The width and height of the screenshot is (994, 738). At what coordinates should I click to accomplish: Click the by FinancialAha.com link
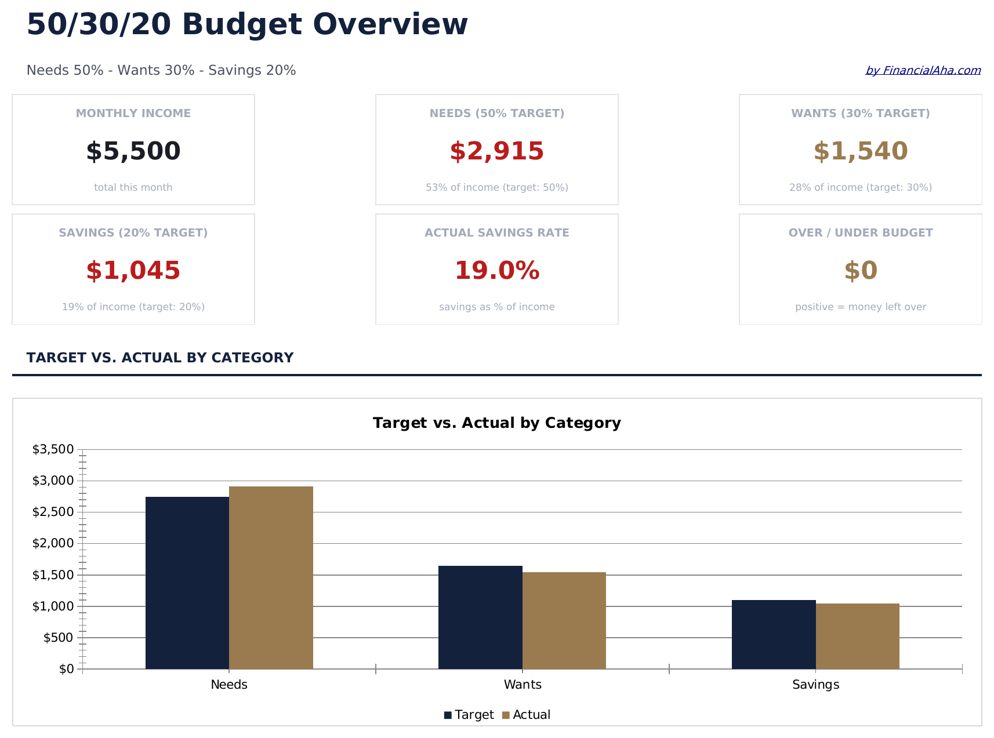tap(923, 71)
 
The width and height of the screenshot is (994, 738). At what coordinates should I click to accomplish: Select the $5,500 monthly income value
tap(133, 151)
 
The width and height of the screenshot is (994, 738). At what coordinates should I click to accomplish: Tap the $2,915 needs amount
tap(496, 151)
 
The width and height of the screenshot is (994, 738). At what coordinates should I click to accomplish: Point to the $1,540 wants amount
tap(860, 151)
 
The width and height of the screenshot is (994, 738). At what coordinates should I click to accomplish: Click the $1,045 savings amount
tap(133, 271)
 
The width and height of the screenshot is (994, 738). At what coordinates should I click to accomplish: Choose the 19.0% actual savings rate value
tap(496, 271)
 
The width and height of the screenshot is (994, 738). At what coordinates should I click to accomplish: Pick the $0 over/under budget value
tap(860, 271)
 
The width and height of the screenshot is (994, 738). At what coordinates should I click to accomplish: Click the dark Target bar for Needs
tap(187, 583)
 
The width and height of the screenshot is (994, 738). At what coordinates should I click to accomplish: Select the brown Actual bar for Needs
tap(271, 577)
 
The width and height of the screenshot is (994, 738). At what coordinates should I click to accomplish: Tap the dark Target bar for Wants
tap(480, 617)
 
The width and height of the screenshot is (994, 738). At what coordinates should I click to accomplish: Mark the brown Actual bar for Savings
tap(857, 636)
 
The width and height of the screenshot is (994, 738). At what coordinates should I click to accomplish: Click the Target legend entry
tap(469, 715)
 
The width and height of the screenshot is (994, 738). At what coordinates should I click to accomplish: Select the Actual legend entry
tap(526, 715)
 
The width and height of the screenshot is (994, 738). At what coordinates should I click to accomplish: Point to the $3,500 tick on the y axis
tap(53, 449)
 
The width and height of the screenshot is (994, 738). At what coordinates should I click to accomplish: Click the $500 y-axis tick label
tap(58, 638)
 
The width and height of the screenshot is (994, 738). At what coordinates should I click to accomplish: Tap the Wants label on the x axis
tap(523, 685)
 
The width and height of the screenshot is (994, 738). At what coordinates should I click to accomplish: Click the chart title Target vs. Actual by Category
tap(496, 423)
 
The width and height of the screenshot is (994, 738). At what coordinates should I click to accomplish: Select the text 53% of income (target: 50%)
tap(496, 187)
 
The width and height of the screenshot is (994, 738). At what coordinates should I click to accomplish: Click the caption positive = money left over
tap(860, 307)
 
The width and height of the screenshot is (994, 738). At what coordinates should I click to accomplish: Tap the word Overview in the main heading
tap(390, 25)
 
